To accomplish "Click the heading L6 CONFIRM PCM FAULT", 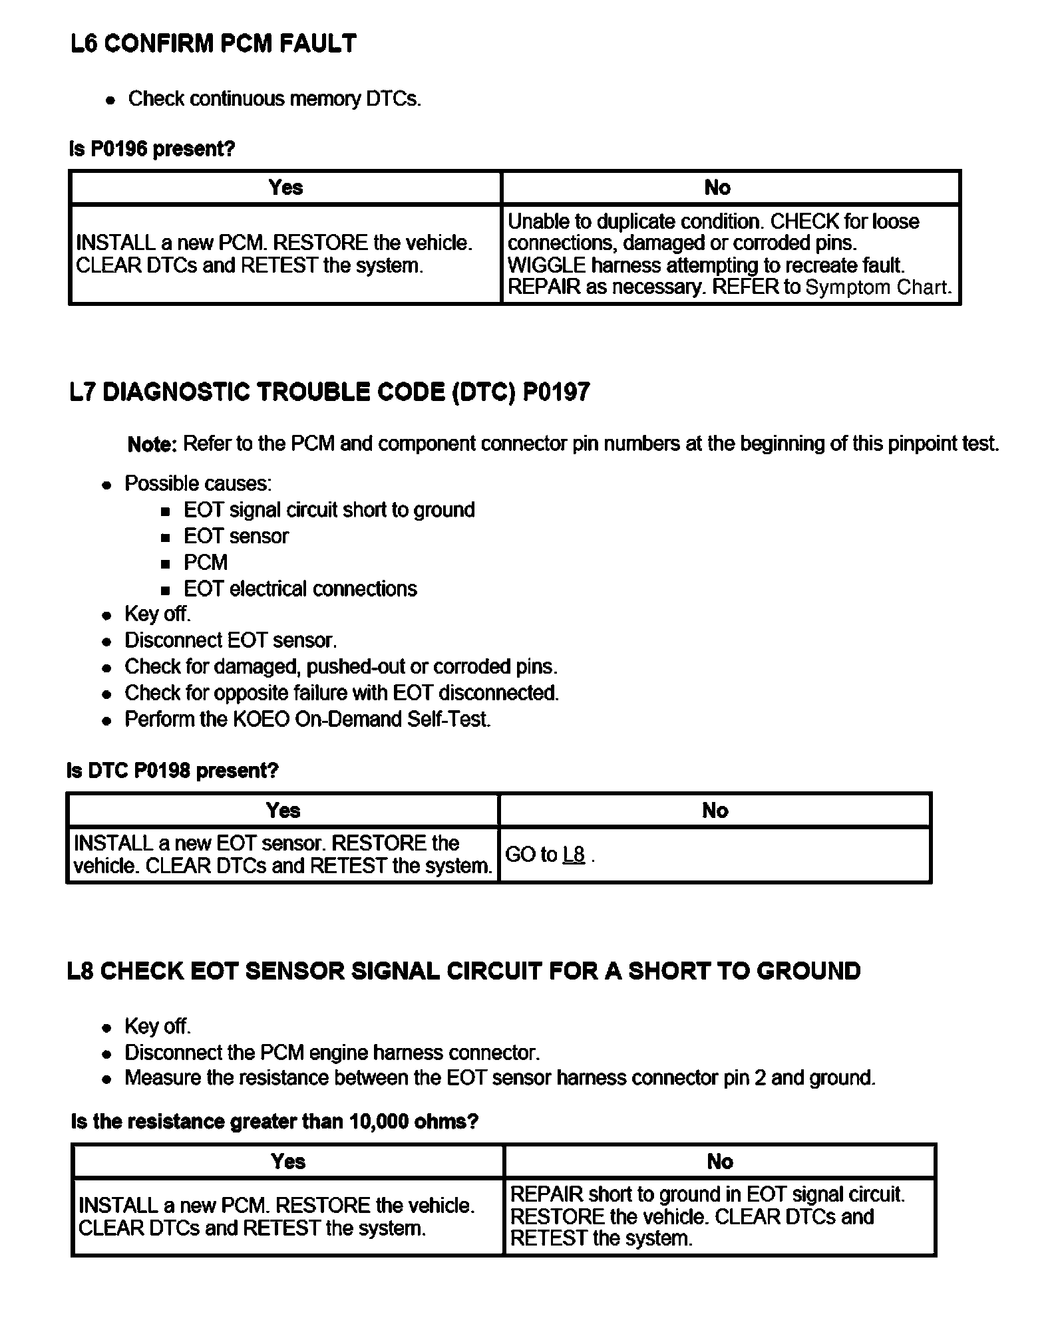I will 213,44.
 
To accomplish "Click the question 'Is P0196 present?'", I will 152,148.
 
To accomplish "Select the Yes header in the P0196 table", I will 285,188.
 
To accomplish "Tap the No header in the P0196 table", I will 717,188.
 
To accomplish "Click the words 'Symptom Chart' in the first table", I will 878,287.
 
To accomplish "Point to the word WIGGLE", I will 546,265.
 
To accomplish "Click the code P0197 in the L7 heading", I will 556,392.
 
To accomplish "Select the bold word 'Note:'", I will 152,444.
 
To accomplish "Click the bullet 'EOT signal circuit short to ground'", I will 329,510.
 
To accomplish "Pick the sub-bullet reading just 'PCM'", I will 206,563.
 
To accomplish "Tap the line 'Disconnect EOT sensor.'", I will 230,640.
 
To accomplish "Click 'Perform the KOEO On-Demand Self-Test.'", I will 307,720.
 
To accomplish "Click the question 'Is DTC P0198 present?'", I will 172,771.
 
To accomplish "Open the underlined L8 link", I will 574,855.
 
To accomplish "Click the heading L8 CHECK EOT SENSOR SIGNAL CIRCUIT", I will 464,972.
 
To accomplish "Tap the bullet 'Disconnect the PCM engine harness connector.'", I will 332,1053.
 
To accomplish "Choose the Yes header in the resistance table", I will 287,1162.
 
